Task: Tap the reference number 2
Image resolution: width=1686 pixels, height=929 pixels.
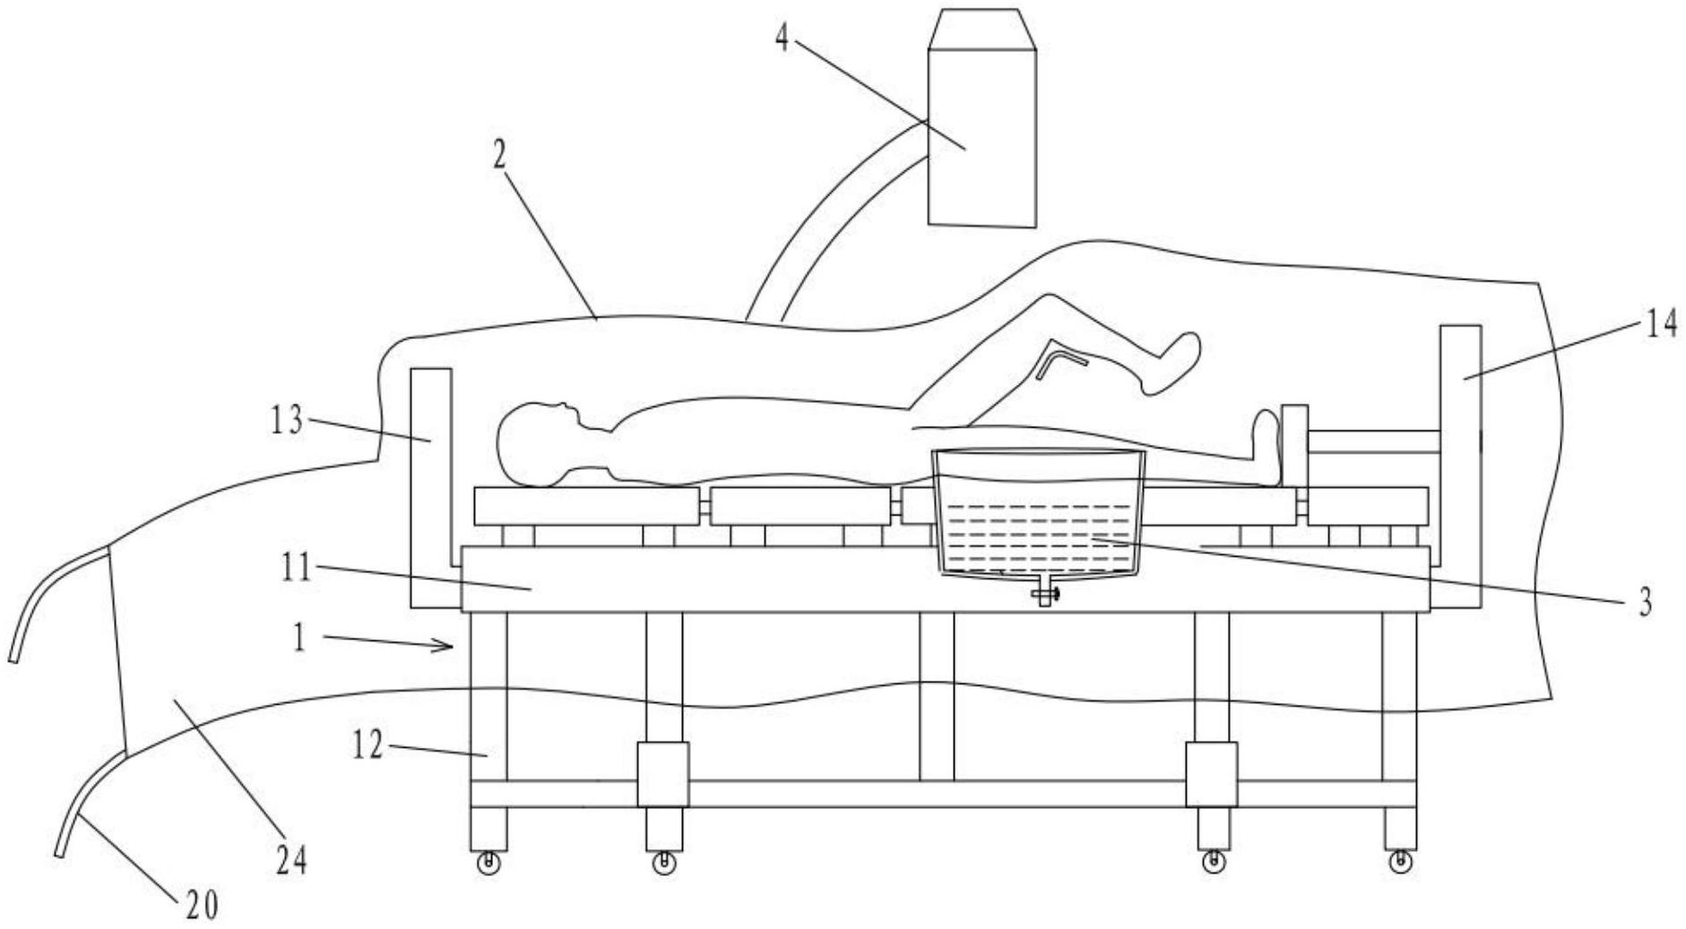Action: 499,156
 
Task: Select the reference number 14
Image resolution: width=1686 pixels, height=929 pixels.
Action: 1661,322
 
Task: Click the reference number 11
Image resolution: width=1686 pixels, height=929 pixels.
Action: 295,567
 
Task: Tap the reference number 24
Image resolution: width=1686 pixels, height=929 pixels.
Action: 290,861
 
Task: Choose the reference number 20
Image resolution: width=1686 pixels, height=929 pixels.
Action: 202,906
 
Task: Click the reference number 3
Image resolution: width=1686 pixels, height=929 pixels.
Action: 1645,602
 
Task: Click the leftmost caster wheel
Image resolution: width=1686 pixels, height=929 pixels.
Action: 489,864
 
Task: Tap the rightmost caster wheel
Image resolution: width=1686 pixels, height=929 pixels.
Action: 1398,863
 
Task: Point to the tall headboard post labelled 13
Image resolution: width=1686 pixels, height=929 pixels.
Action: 429,487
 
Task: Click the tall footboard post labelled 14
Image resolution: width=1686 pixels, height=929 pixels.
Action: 1459,466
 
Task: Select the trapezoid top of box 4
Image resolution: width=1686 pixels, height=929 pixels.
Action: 981,29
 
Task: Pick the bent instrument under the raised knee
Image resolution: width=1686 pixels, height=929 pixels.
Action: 1060,363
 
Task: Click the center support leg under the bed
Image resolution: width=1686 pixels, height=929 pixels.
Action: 937,696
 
